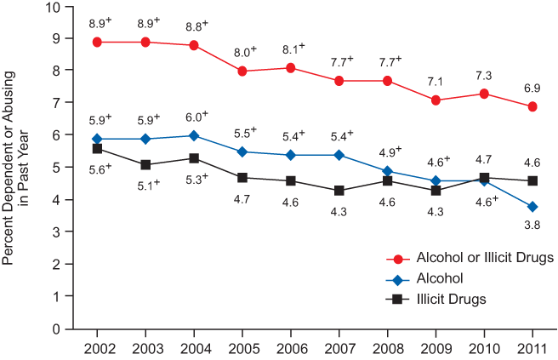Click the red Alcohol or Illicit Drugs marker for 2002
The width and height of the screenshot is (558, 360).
[97, 42]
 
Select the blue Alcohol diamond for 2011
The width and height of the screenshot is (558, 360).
[532, 207]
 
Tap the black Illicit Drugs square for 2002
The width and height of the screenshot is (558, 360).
[97, 149]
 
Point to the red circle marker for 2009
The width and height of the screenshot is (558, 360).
[436, 100]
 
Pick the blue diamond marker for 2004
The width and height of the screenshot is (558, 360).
[194, 135]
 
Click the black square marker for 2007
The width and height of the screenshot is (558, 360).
[339, 191]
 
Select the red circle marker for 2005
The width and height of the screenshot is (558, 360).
[242, 71]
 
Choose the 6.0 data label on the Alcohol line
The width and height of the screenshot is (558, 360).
[196, 116]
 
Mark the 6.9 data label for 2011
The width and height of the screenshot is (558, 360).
[532, 89]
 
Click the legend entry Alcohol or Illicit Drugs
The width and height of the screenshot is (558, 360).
[474, 257]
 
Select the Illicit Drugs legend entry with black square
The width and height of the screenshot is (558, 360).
[451, 299]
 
